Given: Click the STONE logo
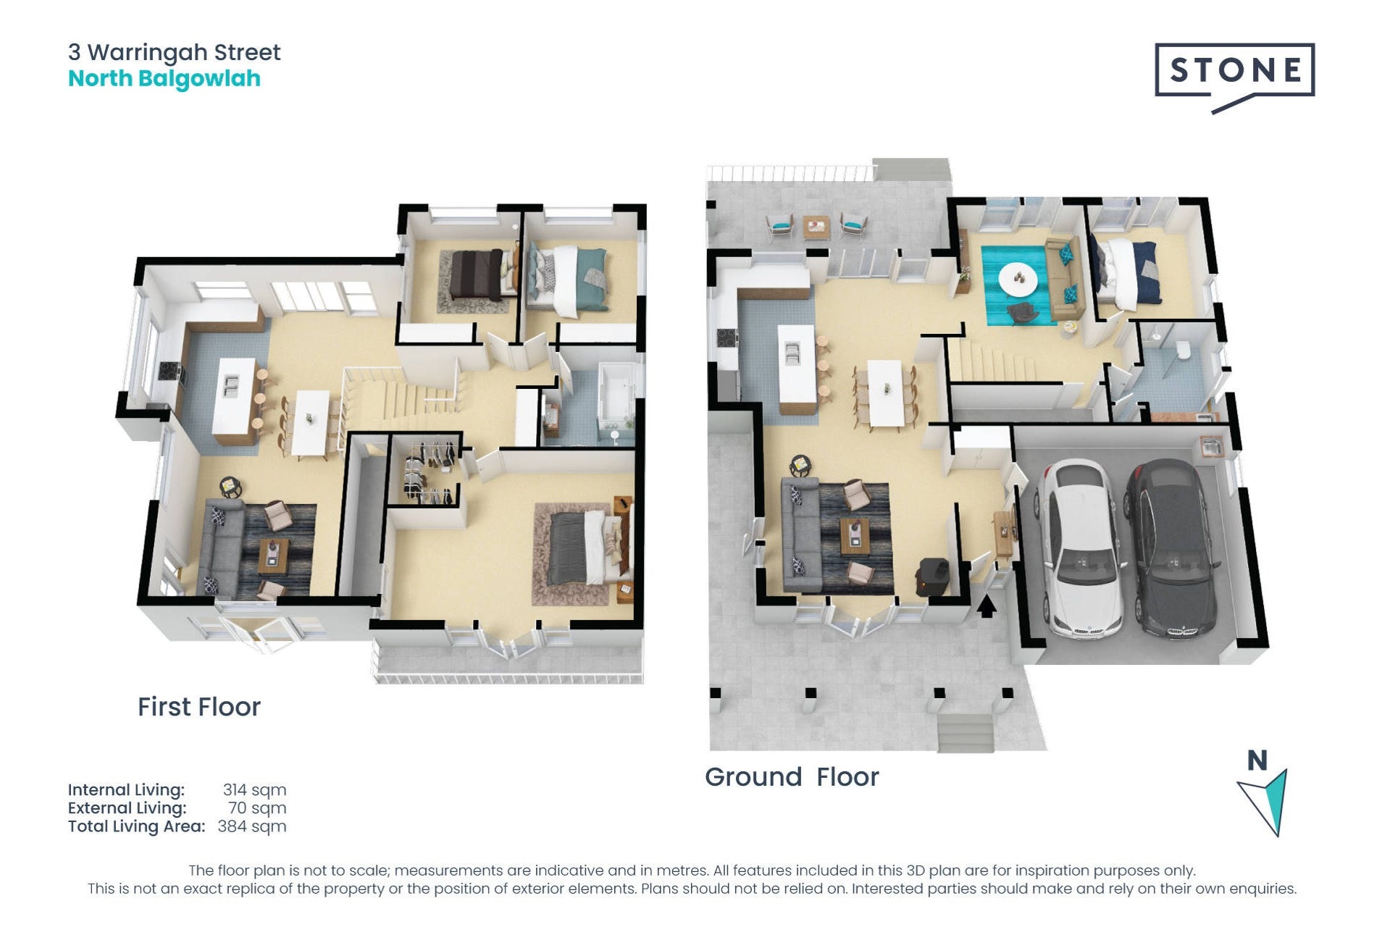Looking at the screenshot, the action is [1234, 76].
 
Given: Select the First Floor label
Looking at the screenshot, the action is [199, 707].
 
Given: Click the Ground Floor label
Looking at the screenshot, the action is [792, 777].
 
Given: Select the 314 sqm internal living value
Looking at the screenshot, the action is [254, 790].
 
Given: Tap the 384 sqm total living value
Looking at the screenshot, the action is [252, 826].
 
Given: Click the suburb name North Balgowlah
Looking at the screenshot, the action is [164, 78].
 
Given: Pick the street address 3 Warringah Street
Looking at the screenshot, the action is [175, 52].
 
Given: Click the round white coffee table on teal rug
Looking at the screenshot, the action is [1018, 279].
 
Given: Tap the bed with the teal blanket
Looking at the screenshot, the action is [568, 279].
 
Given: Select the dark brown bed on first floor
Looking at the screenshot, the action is [477, 275].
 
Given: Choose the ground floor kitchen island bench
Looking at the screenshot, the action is [797, 373].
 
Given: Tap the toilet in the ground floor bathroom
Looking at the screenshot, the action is [1184, 350].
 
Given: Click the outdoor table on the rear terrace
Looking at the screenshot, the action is [816, 227].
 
